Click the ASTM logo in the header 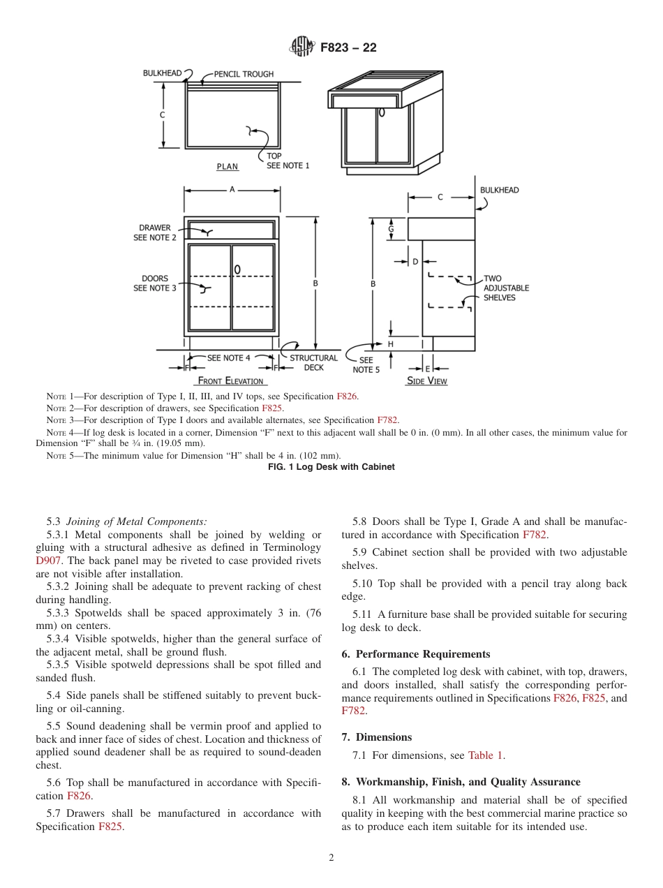[302, 47]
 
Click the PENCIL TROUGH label [244, 74]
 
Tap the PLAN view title [228, 167]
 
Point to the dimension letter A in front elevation [232, 190]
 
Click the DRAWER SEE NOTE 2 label [154, 233]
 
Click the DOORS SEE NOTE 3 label [154, 283]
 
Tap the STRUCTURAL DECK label [313, 363]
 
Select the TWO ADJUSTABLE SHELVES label [506, 288]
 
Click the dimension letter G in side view [391, 228]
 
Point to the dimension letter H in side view [391, 344]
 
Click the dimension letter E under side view [428, 369]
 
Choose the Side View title [427, 381]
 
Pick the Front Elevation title [231, 381]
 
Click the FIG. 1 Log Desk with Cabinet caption [331, 467]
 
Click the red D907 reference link [48, 561]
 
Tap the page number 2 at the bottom [331, 858]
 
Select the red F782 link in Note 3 [387, 420]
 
